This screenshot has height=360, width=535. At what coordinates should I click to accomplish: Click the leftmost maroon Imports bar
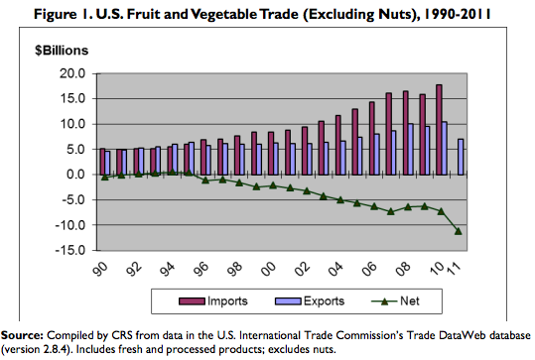point(102,162)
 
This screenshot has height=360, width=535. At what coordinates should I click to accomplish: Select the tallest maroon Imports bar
point(439,130)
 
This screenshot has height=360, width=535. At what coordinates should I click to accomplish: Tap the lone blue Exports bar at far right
point(461,157)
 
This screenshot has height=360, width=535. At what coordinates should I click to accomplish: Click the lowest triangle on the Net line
point(459,231)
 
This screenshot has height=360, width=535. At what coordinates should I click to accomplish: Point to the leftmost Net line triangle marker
point(105,177)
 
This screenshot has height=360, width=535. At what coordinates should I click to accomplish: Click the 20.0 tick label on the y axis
point(72,73)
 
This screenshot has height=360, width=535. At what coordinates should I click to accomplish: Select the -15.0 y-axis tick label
point(70,250)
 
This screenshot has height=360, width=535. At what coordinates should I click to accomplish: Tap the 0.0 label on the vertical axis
point(75,175)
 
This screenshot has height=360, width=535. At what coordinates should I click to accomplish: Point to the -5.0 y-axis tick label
point(73,199)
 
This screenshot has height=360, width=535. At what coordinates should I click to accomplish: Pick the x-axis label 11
point(455,266)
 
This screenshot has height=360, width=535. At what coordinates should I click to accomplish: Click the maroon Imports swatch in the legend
point(193,301)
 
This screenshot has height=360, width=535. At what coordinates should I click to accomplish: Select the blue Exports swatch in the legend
point(288,301)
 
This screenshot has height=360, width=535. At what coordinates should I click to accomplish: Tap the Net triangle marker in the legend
point(384,301)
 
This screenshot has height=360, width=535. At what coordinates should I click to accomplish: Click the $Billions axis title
point(62,51)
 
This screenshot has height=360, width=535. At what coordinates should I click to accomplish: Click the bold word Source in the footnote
point(22,335)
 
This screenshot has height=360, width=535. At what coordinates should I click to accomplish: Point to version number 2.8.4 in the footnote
point(60,350)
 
